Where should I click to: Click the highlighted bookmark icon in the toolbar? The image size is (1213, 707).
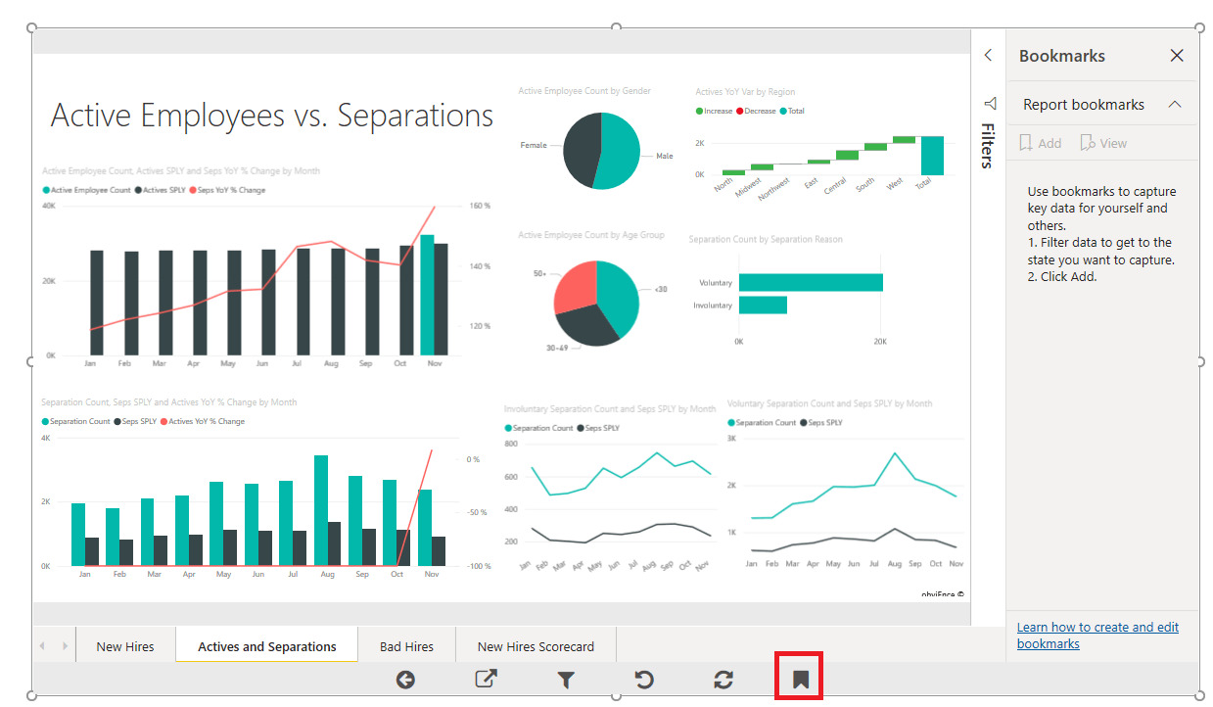[800, 679]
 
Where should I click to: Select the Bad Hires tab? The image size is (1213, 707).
[406, 646]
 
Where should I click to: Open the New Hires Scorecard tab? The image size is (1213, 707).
[536, 646]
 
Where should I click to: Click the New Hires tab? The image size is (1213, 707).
[124, 646]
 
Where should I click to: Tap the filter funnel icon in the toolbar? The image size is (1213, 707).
[565, 680]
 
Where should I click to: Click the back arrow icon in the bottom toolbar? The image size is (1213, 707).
[405, 680]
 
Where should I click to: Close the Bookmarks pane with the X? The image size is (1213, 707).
[1177, 56]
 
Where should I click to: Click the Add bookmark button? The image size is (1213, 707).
[1040, 143]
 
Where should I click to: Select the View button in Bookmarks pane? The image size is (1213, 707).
[1103, 143]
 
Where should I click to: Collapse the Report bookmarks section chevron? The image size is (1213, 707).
[1175, 105]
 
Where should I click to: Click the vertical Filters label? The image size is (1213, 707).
[988, 145]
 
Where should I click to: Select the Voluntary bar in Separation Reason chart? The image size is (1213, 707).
[811, 282]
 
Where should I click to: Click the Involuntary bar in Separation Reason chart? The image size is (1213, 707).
[763, 306]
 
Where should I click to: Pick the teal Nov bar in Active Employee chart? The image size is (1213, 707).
[427, 295]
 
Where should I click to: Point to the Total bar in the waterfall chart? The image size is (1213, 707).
[931, 156]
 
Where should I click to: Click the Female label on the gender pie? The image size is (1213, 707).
[534, 145]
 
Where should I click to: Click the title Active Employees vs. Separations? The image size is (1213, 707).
[272, 116]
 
